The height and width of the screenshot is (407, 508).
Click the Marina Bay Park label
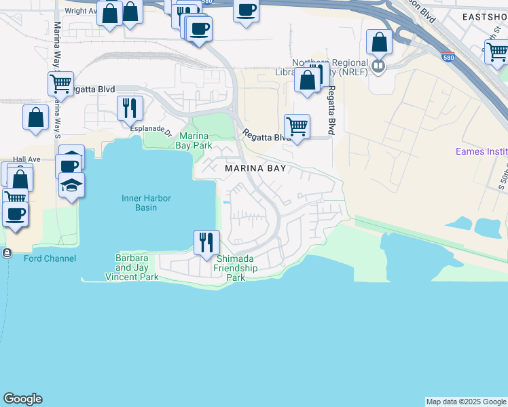coord(194,140)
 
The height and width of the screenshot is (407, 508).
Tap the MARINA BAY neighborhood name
coord(255,168)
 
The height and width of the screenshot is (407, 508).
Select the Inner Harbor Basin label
coord(146,203)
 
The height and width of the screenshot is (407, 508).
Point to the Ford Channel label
coord(50,258)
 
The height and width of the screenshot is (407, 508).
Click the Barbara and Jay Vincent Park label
coord(132,268)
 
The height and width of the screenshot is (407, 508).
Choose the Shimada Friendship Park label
coord(235,268)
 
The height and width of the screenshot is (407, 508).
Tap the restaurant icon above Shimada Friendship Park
coord(206,241)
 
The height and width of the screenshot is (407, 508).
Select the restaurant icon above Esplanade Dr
coord(129,107)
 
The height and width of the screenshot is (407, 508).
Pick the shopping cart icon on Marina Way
coord(60,84)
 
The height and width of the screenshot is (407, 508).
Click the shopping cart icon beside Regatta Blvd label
coord(297,125)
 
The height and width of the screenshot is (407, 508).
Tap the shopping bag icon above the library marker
coord(379,42)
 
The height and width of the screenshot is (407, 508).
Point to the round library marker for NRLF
coord(378,66)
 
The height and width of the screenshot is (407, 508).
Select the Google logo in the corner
coord(22,399)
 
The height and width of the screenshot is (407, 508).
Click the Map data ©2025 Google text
coord(466,402)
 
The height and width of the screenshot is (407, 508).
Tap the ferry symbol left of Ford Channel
coord(7,253)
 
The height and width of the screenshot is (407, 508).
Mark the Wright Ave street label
coord(79,11)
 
